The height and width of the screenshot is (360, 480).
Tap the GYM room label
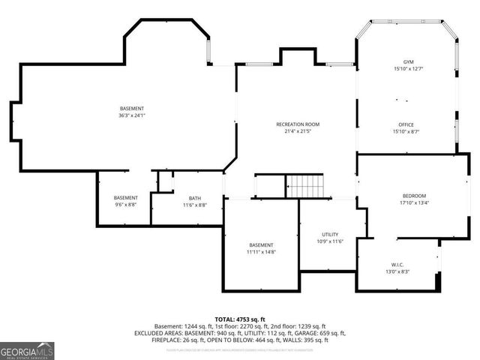[x=407, y=61]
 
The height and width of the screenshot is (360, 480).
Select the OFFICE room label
[x=406, y=124]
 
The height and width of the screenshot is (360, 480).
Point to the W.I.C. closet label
[x=397, y=265]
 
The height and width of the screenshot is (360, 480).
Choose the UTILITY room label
[x=330, y=235]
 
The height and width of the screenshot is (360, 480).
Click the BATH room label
[x=195, y=198]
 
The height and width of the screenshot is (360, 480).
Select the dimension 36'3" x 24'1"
[x=130, y=116]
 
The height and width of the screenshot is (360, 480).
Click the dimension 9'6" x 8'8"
[x=126, y=205]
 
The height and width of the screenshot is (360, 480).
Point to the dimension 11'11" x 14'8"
[x=262, y=253]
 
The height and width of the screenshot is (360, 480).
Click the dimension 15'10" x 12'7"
[x=407, y=69]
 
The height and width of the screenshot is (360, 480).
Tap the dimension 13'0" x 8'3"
[x=397, y=272]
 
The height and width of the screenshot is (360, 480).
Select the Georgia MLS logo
[x=27, y=351]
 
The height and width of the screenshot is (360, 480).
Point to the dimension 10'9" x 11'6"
[x=330, y=241]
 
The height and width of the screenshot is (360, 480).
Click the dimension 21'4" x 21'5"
[x=298, y=131]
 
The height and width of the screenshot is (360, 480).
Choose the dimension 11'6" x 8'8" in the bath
[x=195, y=205]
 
